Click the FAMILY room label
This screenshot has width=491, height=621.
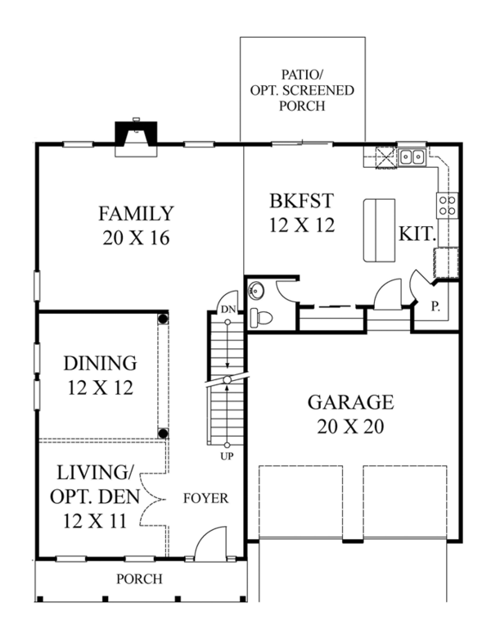(x=136, y=215)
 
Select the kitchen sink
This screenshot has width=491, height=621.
(x=412, y=156)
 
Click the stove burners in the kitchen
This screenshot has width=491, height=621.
(x=447, y=204)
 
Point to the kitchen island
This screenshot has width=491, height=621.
(x=379, y=229)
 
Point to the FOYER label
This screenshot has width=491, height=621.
(x=205, y=497)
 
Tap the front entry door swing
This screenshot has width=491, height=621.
(x=209, y=545)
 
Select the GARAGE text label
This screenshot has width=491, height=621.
(x=350, y=402)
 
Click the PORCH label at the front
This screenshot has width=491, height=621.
(x=138, y=579)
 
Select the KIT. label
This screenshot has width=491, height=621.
(x=417, y=234)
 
